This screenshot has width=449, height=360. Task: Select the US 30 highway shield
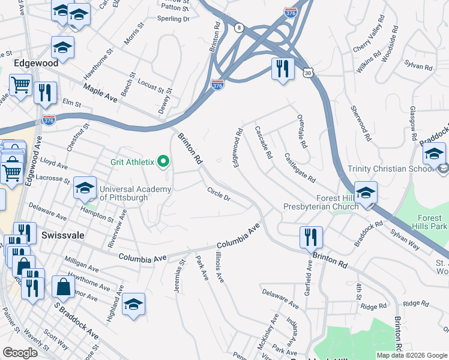point(307,73)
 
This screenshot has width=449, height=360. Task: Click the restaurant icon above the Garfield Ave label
point(310,236)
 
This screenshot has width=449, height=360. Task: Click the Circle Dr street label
point(218,194)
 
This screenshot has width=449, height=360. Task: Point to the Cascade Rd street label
point(264,142)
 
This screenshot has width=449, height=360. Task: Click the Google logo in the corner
point(20,353)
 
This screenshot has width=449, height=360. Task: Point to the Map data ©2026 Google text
point(412,355)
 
